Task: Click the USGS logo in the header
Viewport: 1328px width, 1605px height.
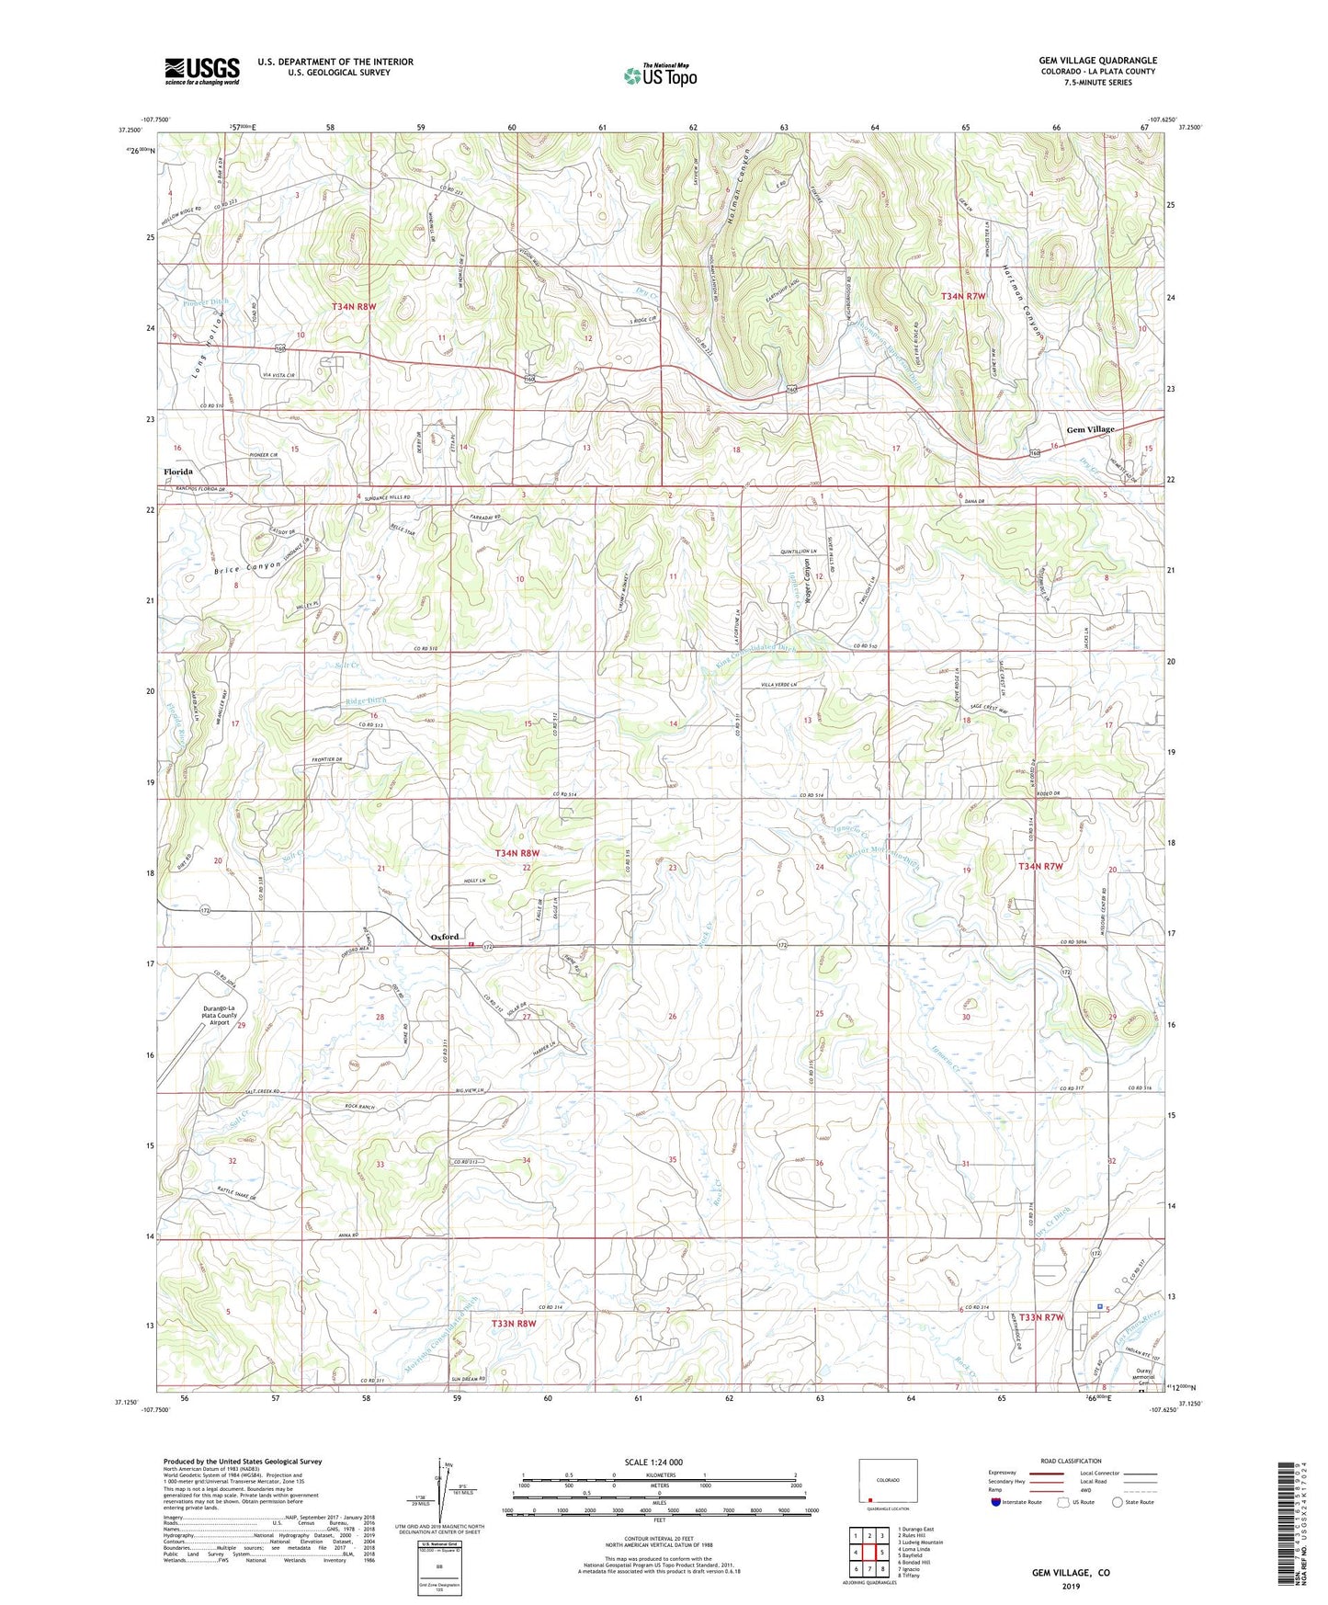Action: click(201, 71)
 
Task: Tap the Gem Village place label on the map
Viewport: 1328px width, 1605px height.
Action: click(1090, 429)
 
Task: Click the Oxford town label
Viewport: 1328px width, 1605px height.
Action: click(445, 937)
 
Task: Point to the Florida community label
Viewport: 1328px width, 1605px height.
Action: click(178, 472)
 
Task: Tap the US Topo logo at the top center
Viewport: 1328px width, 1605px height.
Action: click(660, 75)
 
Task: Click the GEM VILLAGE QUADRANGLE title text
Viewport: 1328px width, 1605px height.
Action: click(1097, 61)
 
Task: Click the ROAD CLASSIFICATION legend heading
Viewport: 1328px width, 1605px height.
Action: click(1071, 1461)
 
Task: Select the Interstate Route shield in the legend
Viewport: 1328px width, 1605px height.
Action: click(997, 1502)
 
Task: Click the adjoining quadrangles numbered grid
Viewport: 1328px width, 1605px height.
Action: click(868, 1553)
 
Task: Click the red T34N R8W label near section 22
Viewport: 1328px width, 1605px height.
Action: click(517, 853)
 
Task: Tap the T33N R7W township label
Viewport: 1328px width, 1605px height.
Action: click(1041, 1317)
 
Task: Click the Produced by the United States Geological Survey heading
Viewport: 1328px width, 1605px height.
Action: click(243, 1461)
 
